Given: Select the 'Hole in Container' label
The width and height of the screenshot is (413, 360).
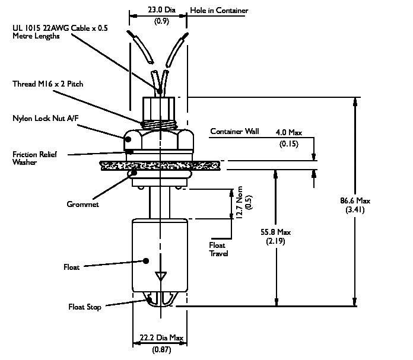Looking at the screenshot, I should (219, 10).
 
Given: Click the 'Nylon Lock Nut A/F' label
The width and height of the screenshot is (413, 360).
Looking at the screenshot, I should (46, 119).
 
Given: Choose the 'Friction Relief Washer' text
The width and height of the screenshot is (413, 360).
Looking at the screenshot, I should (37, 158).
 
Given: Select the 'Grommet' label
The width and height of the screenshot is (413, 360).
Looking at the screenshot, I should (82, 204).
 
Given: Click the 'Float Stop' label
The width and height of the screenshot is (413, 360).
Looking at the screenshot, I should (84, 307).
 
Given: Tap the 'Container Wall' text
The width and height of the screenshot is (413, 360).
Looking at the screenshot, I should (231, 132).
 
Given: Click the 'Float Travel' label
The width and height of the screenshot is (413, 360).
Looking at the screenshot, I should (218, 249).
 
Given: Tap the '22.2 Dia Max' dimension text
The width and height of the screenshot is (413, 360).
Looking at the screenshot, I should (158, 339).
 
